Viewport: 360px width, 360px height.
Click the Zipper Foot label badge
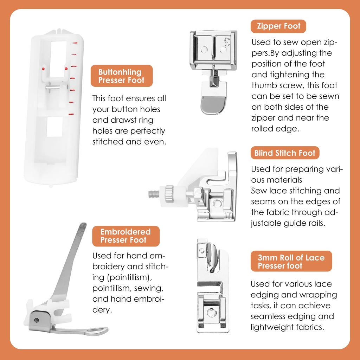(x=278, y=26)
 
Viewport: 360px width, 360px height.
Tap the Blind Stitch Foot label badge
(x=285, y=153)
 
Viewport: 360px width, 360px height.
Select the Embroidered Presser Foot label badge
(x=126, y=236)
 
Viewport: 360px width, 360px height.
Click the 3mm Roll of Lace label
(x=291, y=261)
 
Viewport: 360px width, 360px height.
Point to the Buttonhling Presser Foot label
(x=122, y=76)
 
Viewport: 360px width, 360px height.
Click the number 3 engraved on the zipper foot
(x=227, y=42)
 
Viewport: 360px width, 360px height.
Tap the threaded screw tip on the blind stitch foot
(x=154, y=194)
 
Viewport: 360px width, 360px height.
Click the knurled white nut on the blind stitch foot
(x=169, y=194)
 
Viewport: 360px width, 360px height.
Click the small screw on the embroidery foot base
(x=37, y=320)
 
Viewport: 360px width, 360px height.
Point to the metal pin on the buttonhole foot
(x=53, y=87)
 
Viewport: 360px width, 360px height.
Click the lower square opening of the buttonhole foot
(x=54, y=127)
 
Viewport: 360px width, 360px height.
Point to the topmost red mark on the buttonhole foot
(x=75, y=43)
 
